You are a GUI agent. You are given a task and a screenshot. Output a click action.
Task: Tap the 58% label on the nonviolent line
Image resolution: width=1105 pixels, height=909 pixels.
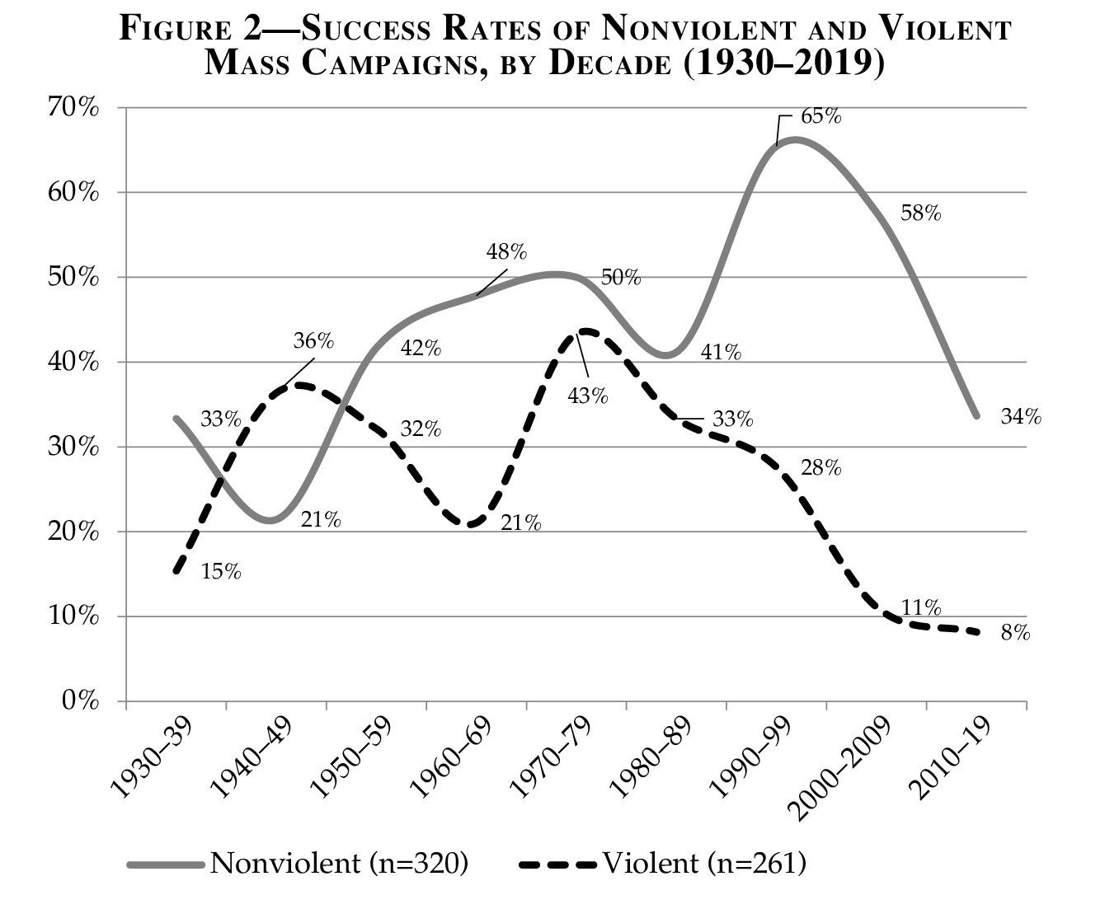pyautogui.click(x=920, y=214)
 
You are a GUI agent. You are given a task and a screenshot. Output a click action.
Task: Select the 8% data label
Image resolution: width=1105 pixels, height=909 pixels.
pyautogui.click(x=1015, y=633)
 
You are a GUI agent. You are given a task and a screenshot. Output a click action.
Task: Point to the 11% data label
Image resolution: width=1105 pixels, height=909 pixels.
pyautogui.click(x=920, y=608)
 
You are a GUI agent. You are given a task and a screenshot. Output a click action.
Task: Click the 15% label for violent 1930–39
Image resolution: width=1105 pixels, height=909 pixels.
pyautogui.click(x=221, y=572)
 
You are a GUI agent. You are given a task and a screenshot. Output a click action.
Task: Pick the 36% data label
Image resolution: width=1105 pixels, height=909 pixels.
pyautogui.click(x=313, y=341)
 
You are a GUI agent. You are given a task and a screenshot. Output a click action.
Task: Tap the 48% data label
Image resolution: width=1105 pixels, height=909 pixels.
pyautogui.click(x=506, y=251)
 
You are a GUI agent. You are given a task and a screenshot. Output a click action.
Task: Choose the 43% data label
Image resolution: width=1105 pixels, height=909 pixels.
pyautogui.click(x=587, y=396)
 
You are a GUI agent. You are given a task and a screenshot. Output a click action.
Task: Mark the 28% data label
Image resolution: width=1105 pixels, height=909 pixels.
pyautogui.click(x=821, y=469)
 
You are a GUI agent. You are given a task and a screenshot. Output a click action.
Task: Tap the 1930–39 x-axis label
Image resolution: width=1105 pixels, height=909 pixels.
pyautogui.click(x=152, y=759)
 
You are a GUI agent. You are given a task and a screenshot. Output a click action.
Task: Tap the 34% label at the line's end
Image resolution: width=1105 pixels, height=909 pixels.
pyautogui.click(x=1021, y=417)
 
